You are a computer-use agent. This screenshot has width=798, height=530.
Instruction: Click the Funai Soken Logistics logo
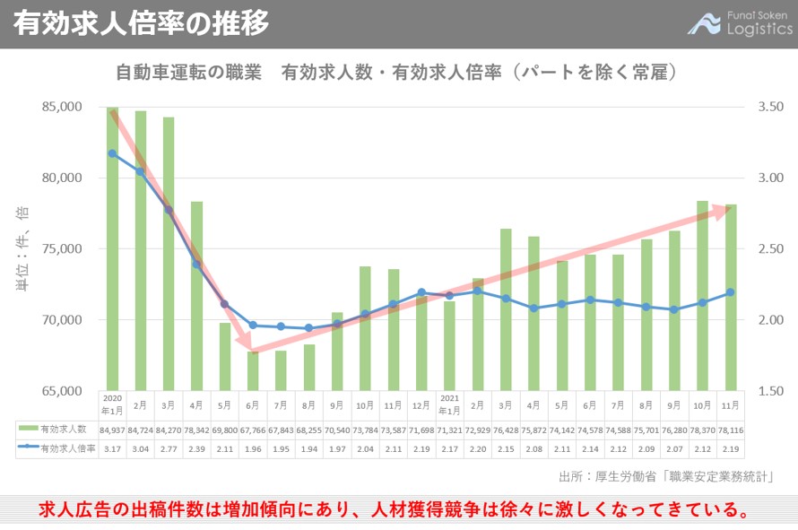(740, 22)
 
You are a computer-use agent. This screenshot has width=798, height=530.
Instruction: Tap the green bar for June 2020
(253, 371)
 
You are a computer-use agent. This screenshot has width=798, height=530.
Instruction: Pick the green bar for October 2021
(703, 296)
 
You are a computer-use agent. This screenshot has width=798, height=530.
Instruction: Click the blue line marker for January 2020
(112, 153)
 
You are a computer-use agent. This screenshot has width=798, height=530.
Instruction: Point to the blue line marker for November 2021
(731, 292)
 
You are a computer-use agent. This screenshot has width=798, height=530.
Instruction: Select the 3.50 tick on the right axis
(770, 107)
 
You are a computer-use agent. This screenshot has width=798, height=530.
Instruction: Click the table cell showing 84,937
(112, 430)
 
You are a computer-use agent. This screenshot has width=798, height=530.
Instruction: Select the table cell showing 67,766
(253, 430)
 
